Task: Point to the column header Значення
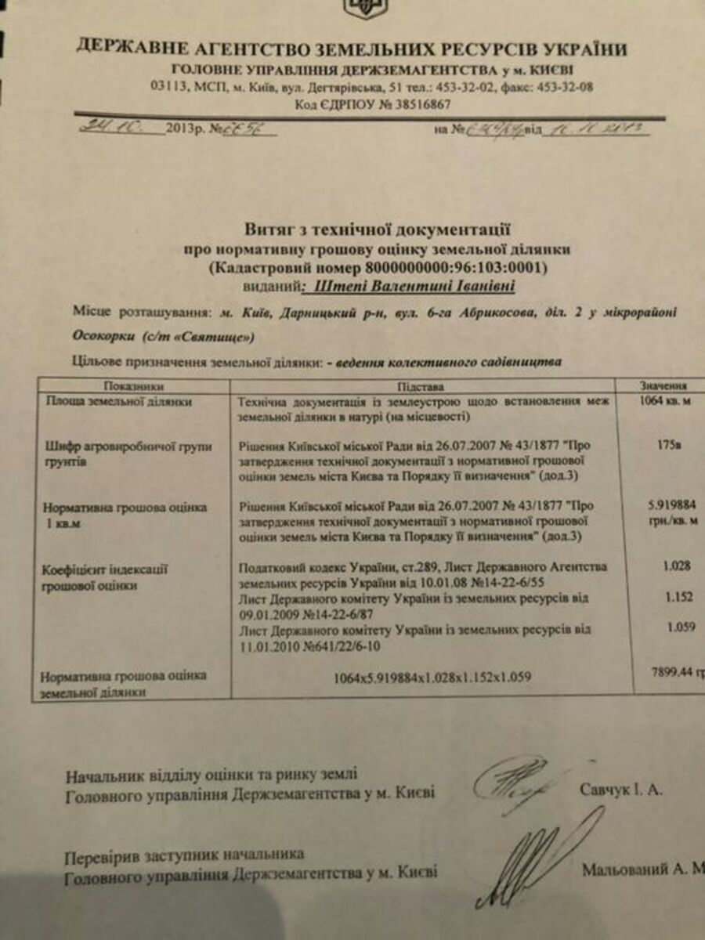(663, 385)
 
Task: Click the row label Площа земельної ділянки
(118, 402)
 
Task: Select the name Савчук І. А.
(621, 790)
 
